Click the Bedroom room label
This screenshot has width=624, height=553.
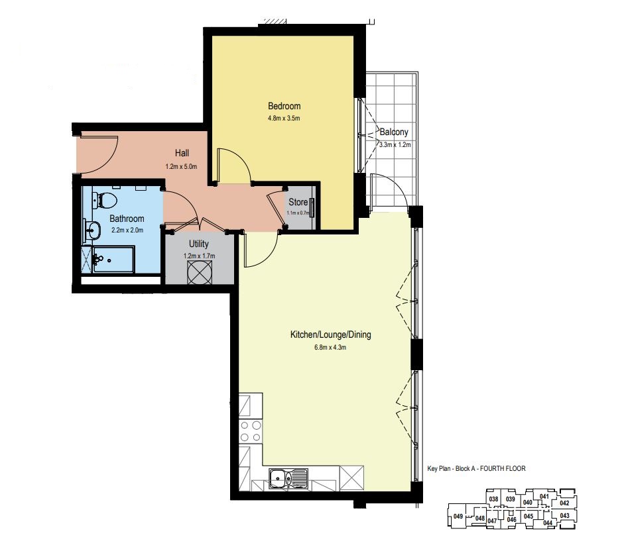tap(284, 106)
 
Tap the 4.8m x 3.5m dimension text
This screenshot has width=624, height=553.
tap(284, 118)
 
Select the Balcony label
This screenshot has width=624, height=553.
tap(394, 132)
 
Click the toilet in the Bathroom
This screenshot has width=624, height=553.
tap(104, 199)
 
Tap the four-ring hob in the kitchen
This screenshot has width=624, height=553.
tap(251, 431)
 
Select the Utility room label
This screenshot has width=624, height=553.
tap(198, 244)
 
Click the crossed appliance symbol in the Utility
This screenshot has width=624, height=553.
tap(200, 273)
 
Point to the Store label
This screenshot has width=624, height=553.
tap(298, 203)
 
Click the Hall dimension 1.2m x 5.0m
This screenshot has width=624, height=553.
tap(182, 167)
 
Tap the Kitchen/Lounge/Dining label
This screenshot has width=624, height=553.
tap(331, 334)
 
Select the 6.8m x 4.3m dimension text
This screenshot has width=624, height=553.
tap(330, 348)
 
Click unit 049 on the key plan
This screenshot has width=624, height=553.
tap(458, 517)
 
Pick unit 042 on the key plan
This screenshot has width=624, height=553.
tap(564, 503)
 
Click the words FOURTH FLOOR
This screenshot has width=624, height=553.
tap(503, 469)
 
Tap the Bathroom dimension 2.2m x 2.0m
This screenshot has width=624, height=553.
tap(127, 230)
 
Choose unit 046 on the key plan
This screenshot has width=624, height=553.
tap(512, 520)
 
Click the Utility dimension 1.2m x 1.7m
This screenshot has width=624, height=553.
tap(199, 256)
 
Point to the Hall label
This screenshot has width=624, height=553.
tap(182, 153)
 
